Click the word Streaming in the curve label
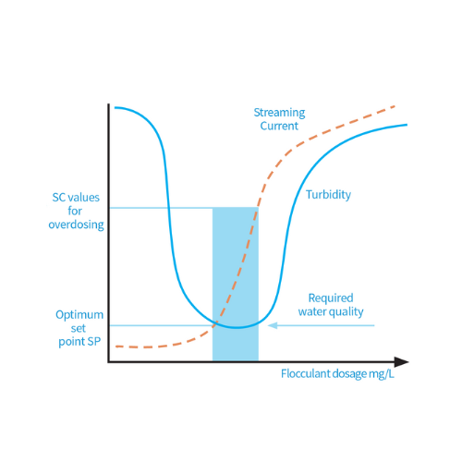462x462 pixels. coord(279,113)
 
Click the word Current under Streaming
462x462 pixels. coord(279,126)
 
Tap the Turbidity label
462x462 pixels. coord(328,195)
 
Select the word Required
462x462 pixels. coord(331,298)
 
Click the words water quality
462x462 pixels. coord(331,311)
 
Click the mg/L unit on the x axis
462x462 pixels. coord(382,374)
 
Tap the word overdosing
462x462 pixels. coord(76,225)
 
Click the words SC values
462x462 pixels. coord(76,198)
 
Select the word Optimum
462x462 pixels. coord(79,315)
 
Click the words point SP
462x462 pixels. coord(79,342)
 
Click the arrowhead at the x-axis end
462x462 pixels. coord(401,362)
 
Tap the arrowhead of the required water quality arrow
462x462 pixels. coord(273,325)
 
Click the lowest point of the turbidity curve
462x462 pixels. coord(237,327)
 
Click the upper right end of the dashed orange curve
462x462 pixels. coord(395,106)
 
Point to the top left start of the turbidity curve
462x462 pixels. coord(115,107)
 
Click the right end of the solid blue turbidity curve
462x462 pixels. coord(407,125)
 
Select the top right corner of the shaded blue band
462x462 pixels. coord(258,208)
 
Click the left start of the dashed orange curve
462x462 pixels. coord(116,346)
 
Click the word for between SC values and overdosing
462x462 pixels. coord(75,211)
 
